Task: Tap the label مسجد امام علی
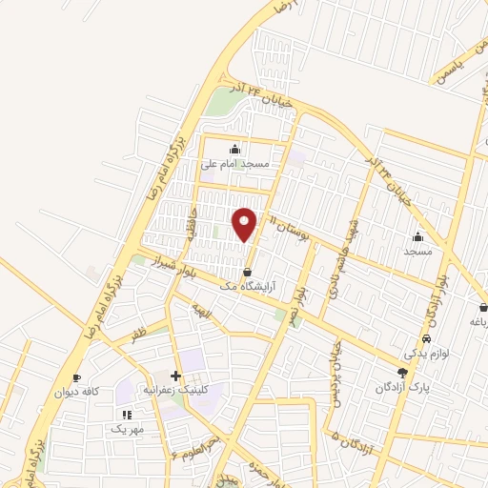coord(234,164)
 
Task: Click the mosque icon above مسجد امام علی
coord(234,149)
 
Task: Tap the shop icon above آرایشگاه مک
coord(248,273)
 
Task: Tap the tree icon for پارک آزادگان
coord(402,372)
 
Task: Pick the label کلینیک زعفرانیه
coord(174,390)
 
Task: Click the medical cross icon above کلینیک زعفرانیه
coord(174,376)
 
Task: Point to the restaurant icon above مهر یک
coord(127,415)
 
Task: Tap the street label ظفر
coord(139,335)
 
